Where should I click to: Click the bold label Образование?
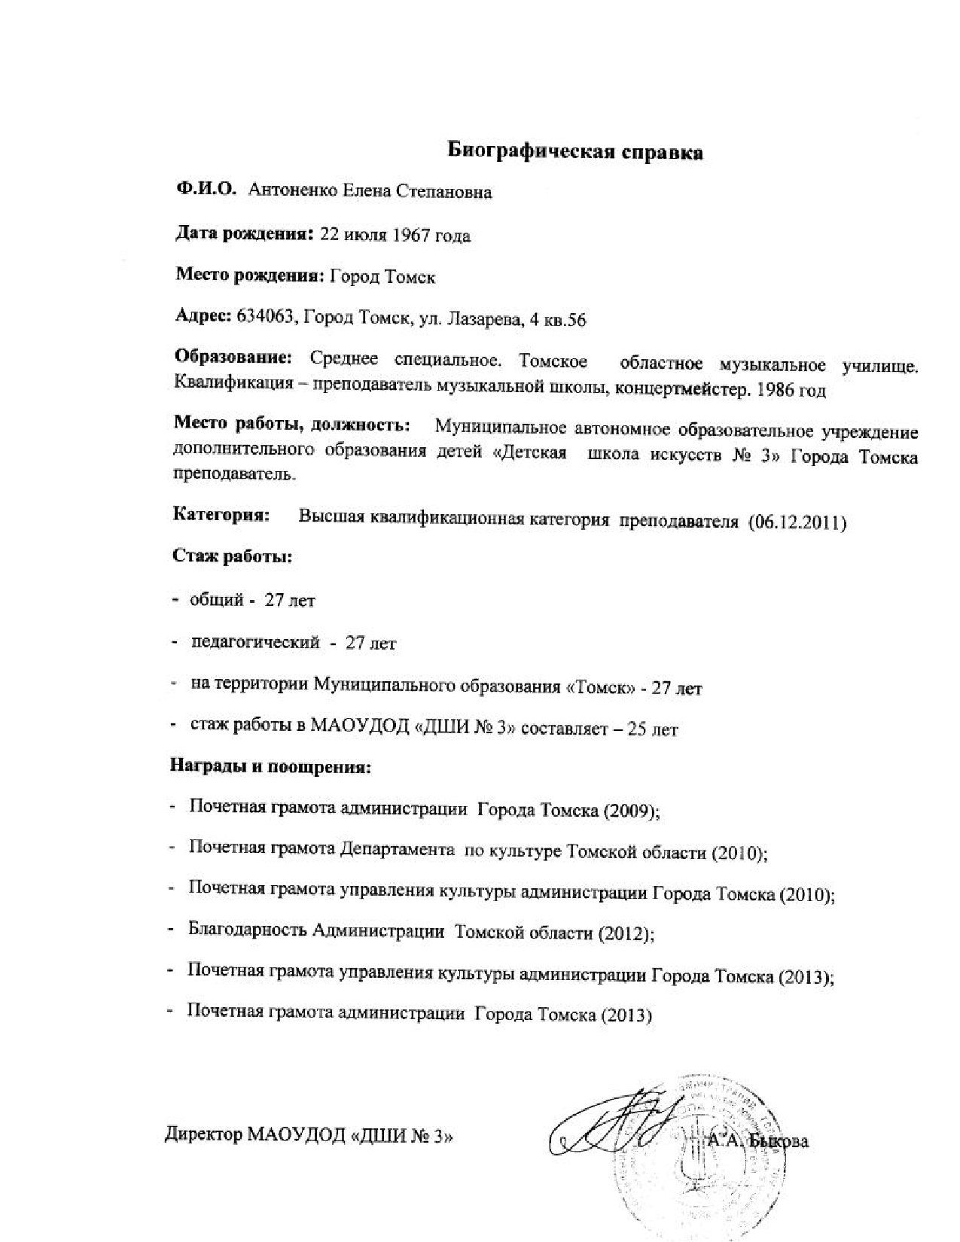pos(232,358)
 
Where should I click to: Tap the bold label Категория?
pos(221,516)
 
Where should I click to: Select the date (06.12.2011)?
pos(798,522)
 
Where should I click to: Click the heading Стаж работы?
pos(233,558)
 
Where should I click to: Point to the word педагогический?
pos(256,643)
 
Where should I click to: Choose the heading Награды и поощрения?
pos(271,769)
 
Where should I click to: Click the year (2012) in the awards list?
pos(625,934)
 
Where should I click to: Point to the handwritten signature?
pos(617,1125)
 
